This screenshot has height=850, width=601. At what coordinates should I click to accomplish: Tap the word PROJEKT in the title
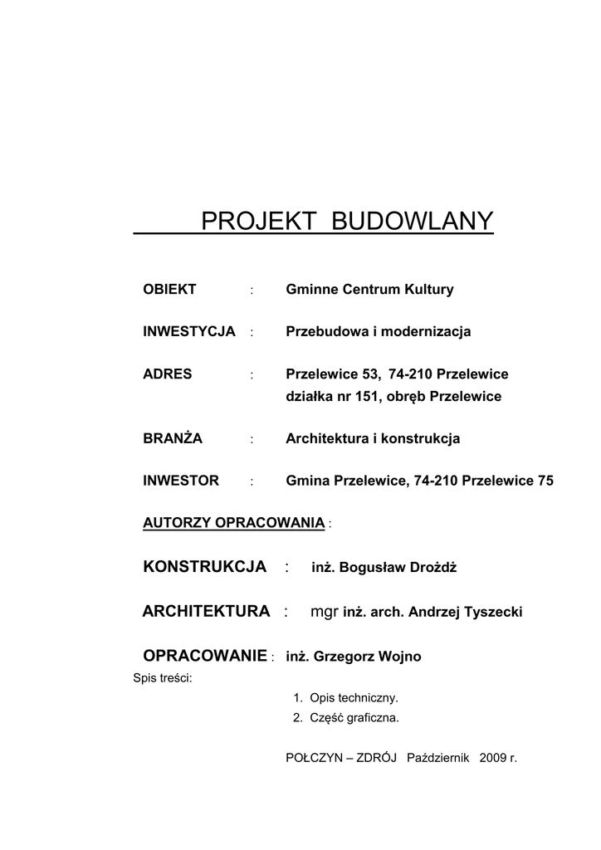coord(257,221)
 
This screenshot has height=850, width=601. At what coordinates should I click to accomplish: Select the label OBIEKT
coord(169,290)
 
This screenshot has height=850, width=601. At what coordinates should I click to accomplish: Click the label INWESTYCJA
coord(189,331)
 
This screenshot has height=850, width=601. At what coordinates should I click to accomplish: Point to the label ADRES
coord(168,374)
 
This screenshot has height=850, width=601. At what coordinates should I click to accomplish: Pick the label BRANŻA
coord(173,438)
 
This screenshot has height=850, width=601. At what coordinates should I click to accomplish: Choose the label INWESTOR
coord(181,481)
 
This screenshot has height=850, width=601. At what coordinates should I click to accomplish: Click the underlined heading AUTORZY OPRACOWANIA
coord(233,523)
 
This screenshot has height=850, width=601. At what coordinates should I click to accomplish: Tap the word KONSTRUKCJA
coord(205,567)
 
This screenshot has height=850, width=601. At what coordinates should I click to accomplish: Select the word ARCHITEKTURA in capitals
coord(206,612)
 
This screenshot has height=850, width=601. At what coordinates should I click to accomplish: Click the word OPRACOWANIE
coord(205,656)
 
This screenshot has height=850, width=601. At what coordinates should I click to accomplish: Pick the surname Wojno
coord(399,657)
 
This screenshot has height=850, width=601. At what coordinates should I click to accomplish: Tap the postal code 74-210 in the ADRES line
coord(411,374)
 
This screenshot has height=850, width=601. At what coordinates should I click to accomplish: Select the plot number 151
coord(366,397)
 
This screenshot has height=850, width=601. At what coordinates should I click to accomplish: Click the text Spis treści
coord(163,678)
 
